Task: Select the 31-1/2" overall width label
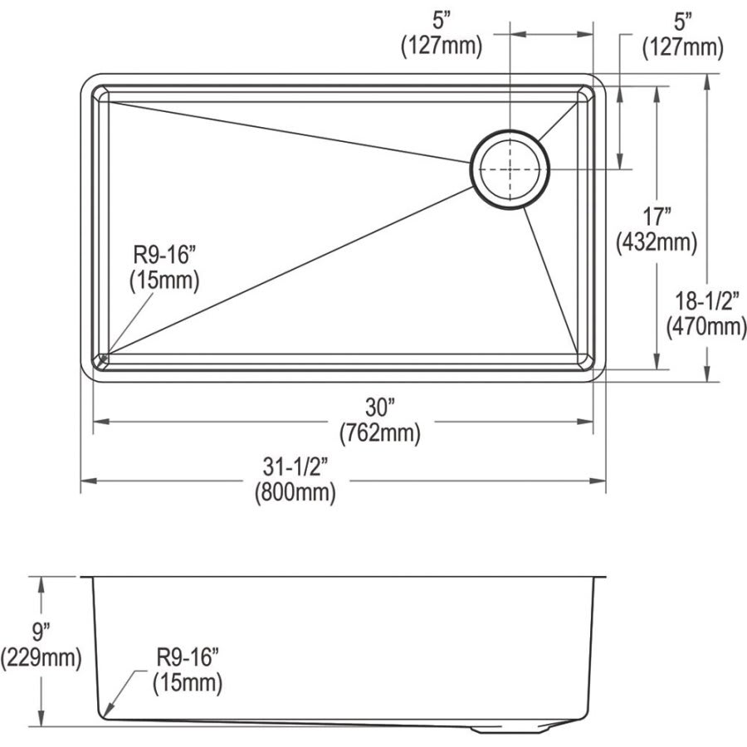[x=295, y=467]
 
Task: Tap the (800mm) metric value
[x=295, y=493]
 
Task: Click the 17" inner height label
[x=656, y=217]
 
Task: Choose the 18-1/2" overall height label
[x=707, y=300]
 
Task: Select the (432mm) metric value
[x=656, y=243]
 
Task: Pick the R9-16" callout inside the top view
[x=164, y=255]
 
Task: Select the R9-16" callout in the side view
[x=188, y=658]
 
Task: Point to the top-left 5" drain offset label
[x=440, y=21]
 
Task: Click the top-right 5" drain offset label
[x=683, y=21]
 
